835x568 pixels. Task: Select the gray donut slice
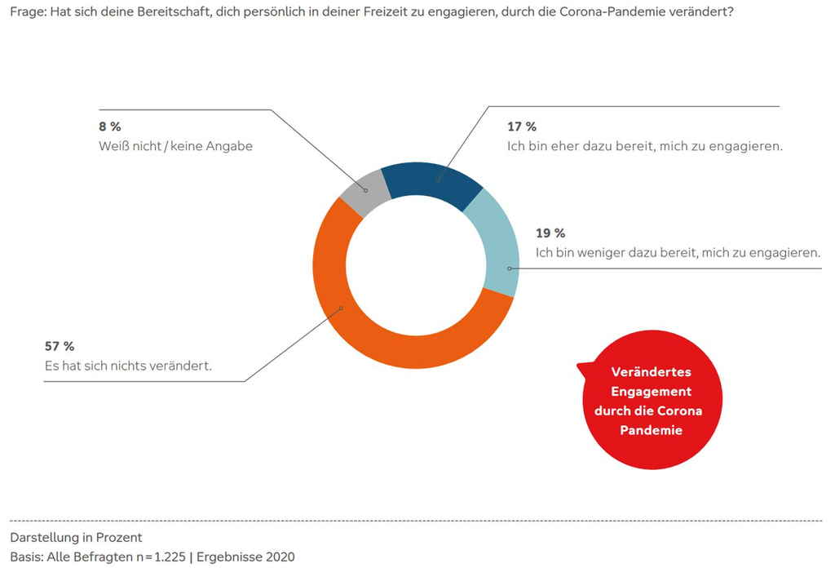tap(362, 191)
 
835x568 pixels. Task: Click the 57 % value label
tap(59, 347)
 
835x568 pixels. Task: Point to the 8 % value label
tap(110, 126)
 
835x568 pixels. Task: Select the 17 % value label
tap(521, 126)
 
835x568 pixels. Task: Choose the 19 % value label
tap(550, 233)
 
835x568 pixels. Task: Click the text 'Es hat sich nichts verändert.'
tap(128, 366)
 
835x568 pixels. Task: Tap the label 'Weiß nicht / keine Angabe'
tap(175, 146)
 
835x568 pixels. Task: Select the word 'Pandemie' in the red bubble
tap(651, 430)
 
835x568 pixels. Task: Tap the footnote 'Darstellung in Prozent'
tap(76, 537)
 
